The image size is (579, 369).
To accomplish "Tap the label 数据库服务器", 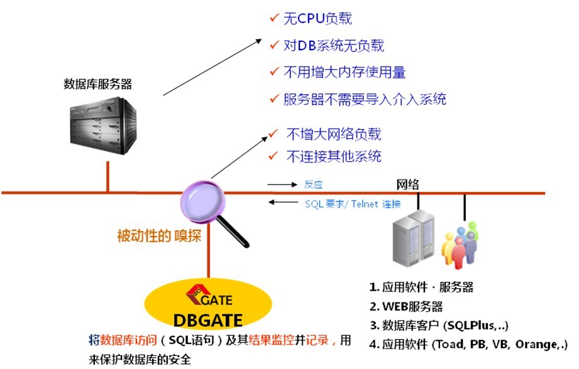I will (98, 84).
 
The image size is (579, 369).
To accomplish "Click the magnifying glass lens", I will (203, 199).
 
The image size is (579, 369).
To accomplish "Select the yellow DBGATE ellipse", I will (208, 305).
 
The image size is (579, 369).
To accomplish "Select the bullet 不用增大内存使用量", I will (345, 72).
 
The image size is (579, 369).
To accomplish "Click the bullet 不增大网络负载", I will (333, 134).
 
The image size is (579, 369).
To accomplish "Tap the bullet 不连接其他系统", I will (333, 156).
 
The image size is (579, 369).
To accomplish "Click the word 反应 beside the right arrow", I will (313, 184).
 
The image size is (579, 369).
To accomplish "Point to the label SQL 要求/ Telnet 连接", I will (353, 204).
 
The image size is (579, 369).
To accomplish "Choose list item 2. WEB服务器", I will (406, 307).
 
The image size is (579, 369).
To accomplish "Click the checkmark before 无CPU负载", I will (273, 18).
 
